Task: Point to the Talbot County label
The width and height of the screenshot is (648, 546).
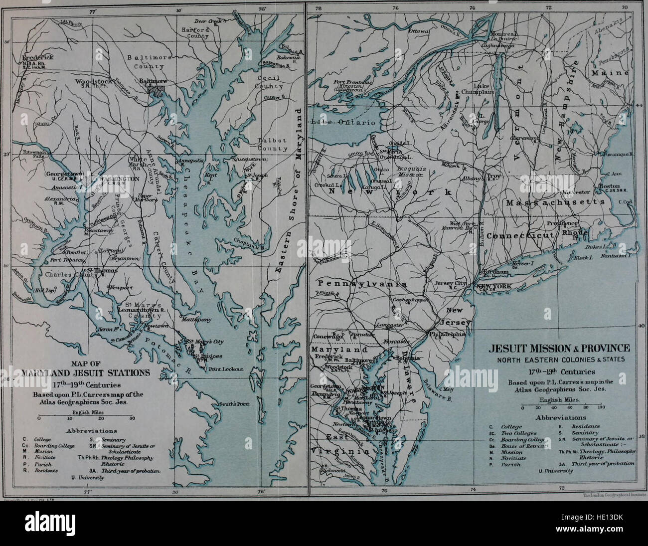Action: click(x=272, y=145)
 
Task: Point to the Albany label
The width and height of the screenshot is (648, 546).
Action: click(x=472, y=178)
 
